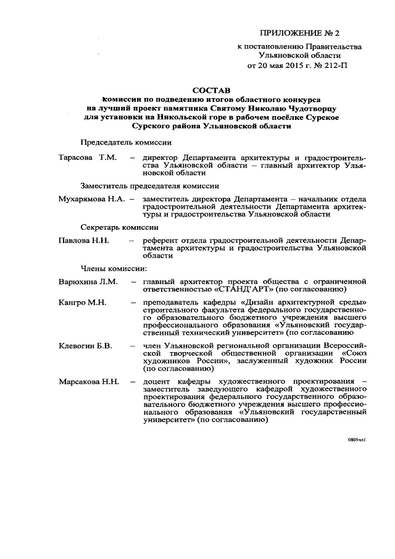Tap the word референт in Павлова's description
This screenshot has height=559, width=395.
[160, 240]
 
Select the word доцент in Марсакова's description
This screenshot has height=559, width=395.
[158, 383]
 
